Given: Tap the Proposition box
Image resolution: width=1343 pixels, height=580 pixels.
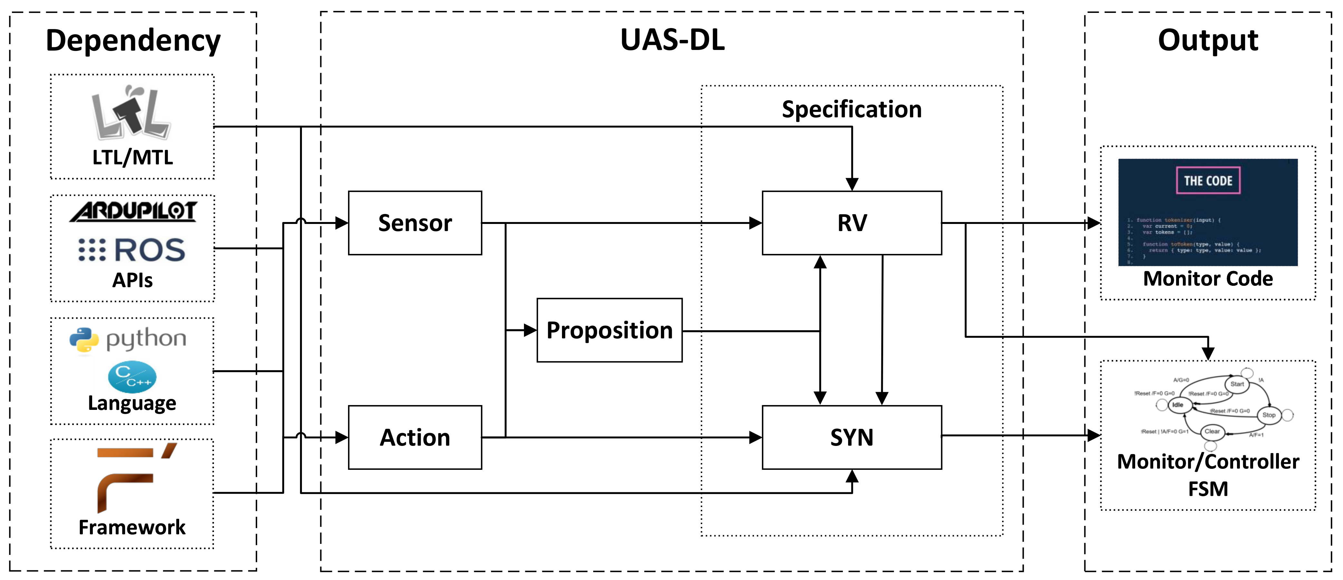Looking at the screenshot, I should point(609,330).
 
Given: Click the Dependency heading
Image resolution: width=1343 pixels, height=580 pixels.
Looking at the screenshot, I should point(133,41).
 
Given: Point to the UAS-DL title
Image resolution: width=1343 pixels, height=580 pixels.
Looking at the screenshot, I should point(672,40).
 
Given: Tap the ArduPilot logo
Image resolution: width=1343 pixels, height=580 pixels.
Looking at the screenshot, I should point(133,211).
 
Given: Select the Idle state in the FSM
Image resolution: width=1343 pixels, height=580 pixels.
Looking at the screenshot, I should point(1178,405).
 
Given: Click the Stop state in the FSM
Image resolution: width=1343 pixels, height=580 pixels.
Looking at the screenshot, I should point(1269,415).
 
